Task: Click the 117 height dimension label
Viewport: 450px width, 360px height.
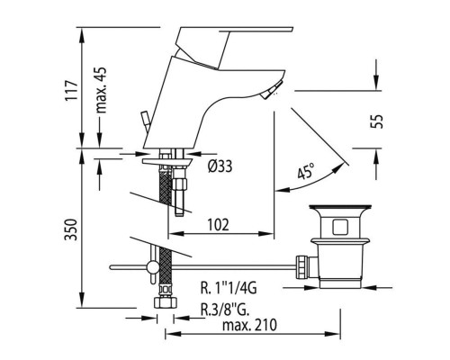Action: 71,90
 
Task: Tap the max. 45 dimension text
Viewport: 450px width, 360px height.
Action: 101,90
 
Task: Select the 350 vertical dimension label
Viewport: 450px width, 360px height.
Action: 71,229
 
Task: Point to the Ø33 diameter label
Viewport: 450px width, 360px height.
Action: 220,166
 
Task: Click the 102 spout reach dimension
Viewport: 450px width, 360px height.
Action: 218,224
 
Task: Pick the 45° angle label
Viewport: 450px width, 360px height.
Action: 306,170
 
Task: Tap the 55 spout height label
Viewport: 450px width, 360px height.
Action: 377,121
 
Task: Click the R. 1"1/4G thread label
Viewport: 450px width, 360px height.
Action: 229,288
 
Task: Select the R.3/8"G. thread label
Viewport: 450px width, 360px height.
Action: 225,310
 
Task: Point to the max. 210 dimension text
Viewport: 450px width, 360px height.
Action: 249,325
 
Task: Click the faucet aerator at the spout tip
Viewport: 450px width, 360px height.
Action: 271,90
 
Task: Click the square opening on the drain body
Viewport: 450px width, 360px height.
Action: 340,227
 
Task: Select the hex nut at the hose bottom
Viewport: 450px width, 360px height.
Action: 165,302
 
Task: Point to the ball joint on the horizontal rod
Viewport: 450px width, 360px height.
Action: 152,266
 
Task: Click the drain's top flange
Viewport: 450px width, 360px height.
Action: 340,207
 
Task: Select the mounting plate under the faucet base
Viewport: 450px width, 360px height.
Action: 166,162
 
